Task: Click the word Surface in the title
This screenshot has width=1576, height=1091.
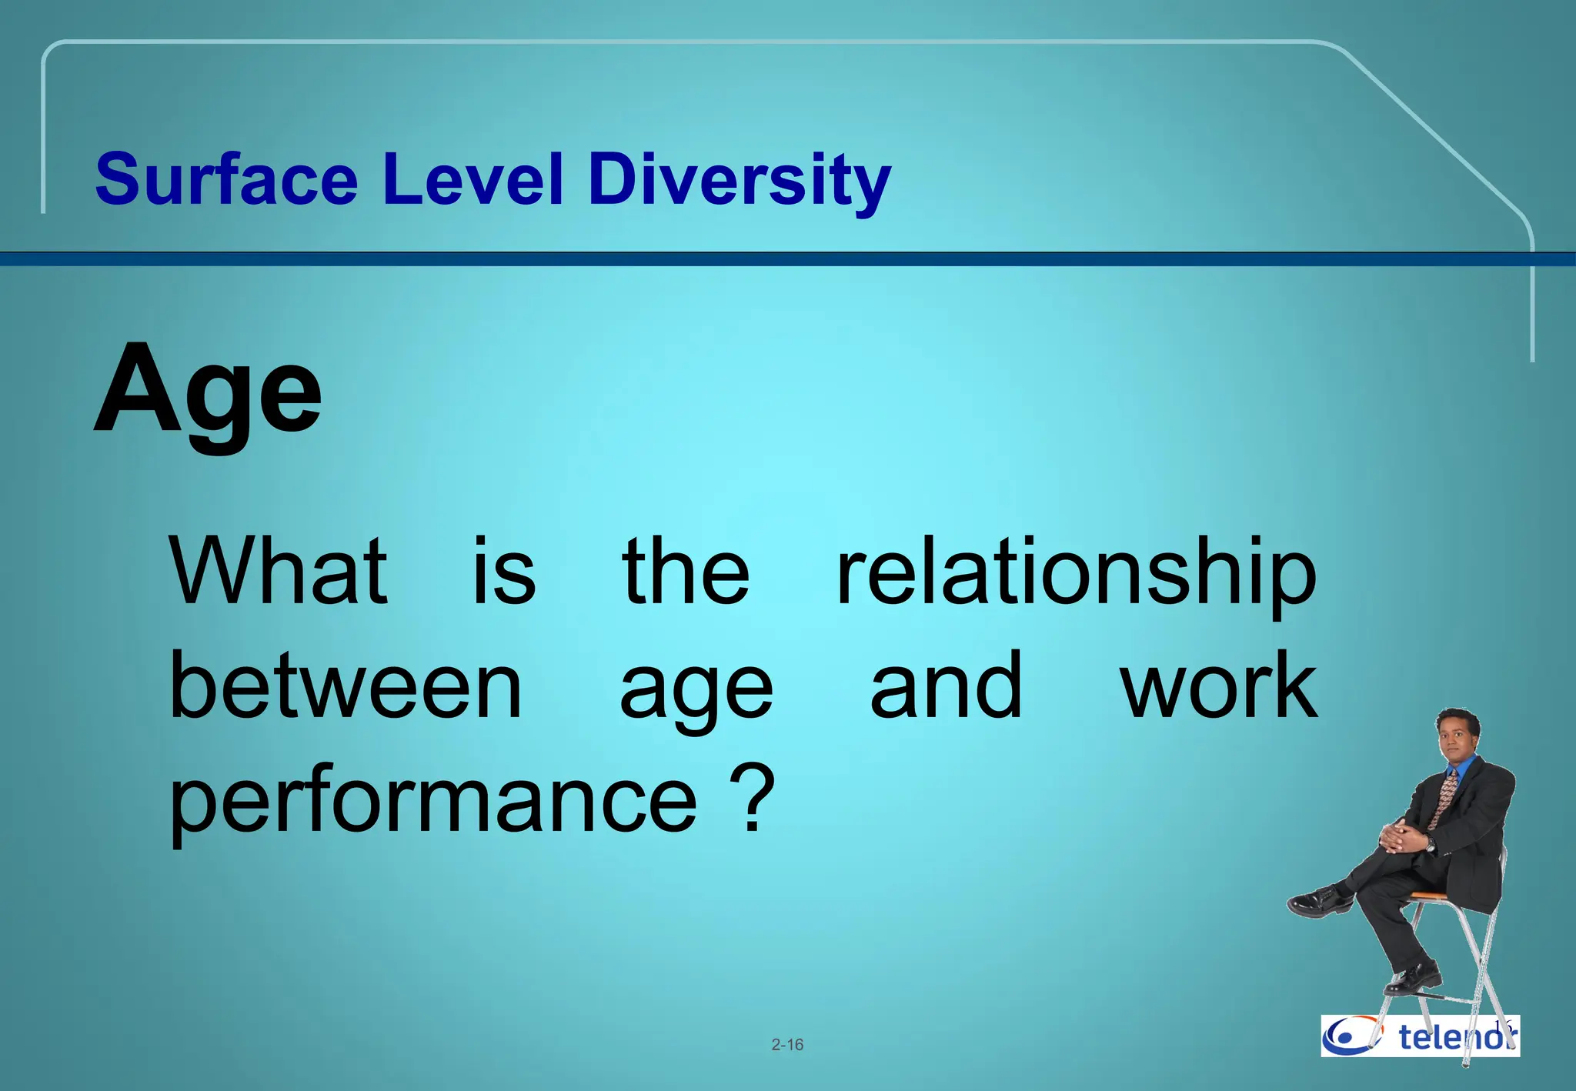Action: [x=226, y=179]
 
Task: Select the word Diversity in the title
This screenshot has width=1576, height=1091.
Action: [x=739, y=181]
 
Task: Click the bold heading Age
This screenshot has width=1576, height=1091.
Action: [x=208, y=392]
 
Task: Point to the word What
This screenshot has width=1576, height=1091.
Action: [x=279, y=571]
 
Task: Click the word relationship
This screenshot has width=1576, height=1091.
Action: [x=1076, y=574]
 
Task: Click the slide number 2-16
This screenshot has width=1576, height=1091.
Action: [x=787, y=1045]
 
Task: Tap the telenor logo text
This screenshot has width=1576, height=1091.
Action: [x=1454, y=1037]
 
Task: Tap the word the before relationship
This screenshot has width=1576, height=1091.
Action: [x=685, y=571]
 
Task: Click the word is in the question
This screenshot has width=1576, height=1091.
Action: [x=504, y=571]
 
